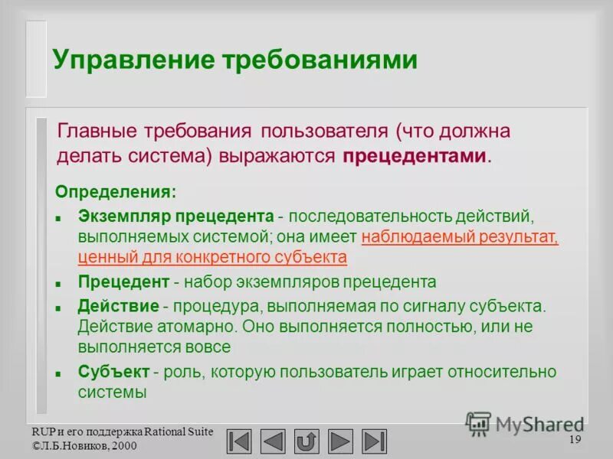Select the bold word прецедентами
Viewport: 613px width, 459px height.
(x=415, y=156)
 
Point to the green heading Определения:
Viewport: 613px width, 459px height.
(x=116, y=190)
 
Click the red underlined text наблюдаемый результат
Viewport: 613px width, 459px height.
(x=460, y=237)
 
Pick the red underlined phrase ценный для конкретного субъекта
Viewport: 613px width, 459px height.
(x=212, y=257)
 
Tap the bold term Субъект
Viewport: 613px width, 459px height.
(x=114, y=372)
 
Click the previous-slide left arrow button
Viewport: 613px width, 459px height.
(x=273, y=441)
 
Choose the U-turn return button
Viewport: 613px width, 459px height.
(x=306, y=441)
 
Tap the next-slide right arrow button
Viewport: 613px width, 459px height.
(x=340, y=441)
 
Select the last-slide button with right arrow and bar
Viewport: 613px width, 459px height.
(x=375, y=441)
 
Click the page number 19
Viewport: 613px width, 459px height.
(x=575, y=440)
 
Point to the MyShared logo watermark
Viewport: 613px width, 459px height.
(x=524, y=423)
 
